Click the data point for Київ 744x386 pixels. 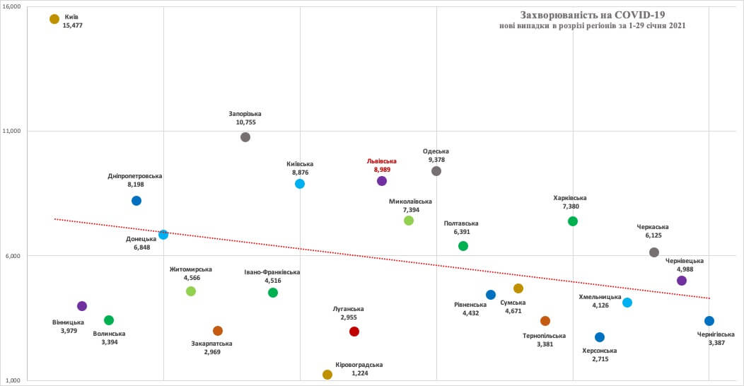tap(54, 19)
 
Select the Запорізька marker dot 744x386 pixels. tap(245, 137)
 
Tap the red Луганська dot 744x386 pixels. tap(354, 332)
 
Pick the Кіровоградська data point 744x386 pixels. tap(327, 375)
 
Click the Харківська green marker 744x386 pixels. tap(573, 221)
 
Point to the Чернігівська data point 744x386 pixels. tap(709, 321)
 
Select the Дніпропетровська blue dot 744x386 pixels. tap(136, 201)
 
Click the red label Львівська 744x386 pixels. tap(382, 160)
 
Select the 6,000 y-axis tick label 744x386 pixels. tap(15, 256)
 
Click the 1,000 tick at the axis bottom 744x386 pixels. tap(15, 380)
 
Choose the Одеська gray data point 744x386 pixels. tap(436, 171)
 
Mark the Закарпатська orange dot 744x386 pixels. tap(218, 331)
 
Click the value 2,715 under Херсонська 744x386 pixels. tap(599, 359)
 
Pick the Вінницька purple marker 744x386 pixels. tap(82, 306)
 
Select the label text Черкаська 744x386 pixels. tap(653, 227)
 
